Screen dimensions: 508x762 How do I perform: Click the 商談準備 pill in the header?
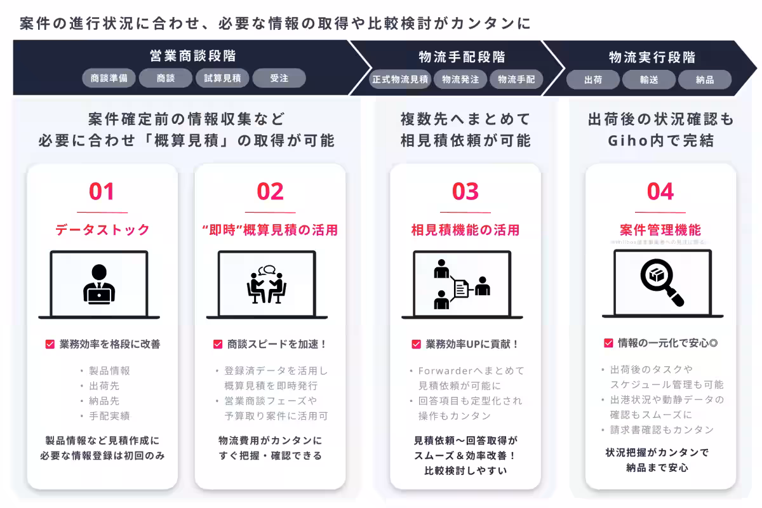(109, 79)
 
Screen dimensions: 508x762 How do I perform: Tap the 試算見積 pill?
(222, 79)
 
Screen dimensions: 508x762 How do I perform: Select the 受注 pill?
(279, 79)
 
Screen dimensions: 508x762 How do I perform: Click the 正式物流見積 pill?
(401, 80)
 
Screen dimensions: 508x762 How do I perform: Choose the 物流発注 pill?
(460, 80)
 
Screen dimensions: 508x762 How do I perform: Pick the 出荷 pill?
(593, 80)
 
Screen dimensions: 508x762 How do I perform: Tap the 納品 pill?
(705, 80)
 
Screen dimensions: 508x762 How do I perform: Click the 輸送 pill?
(648, 80)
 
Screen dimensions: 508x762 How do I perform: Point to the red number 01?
(102, 192)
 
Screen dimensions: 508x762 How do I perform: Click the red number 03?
(465, 192)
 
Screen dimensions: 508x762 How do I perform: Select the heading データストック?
(102, 230)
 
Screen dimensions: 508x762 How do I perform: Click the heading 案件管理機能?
(660, 230)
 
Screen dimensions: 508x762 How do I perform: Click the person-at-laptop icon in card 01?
(99, 284)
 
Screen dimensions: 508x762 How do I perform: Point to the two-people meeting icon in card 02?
(267, 284)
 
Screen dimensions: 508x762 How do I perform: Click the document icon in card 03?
(462, 289)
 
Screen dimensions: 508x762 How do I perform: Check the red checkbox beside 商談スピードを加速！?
(218, 345)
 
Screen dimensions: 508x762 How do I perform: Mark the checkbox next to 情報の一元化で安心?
(608, 344)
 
